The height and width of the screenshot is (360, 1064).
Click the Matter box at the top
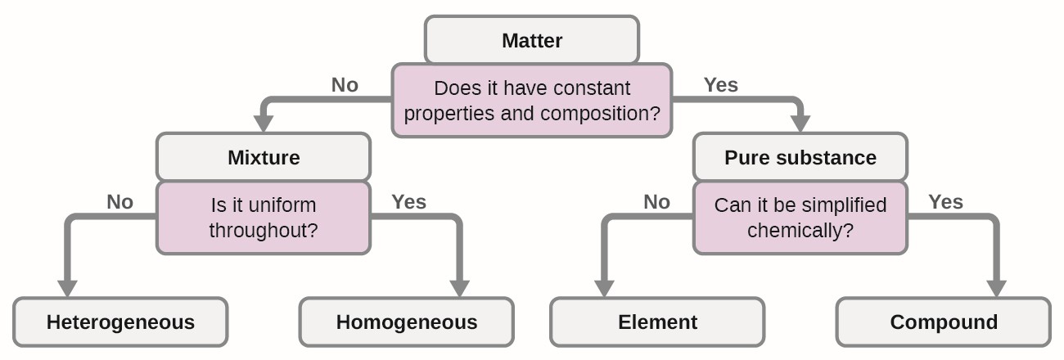tap(532, 40)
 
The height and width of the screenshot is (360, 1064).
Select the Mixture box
tap(264, 157)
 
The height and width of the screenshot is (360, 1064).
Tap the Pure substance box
tap(800, 157)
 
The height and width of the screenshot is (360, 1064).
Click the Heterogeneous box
tap(120, 322)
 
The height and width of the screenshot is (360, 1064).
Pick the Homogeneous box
tap(407, 322)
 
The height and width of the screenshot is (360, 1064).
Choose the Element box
tap(657, 322)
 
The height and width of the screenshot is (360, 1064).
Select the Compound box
tap(944, 322)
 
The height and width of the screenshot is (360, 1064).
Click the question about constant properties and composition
tap(532, 100)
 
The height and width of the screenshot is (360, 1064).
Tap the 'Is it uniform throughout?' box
tap(264, 218)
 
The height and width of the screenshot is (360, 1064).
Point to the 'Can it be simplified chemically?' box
tap(800, 218)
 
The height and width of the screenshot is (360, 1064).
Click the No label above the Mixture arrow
tap(345, 85)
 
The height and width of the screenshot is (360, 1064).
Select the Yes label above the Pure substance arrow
tap(721, 85)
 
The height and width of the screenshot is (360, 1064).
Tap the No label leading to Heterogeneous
tap(119, 202)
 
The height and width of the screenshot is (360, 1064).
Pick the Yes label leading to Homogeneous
tap(409, 202)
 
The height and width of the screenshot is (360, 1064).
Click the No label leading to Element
tap(657, 202)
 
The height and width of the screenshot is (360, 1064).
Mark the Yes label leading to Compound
tap(945, 202)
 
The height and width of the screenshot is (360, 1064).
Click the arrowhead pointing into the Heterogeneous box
tap(67, 289)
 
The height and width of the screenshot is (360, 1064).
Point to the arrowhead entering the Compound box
tap(997, 289)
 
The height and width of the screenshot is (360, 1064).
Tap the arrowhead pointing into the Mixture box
tap(264, 124)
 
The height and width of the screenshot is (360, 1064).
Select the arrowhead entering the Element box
tap(604, 289)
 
